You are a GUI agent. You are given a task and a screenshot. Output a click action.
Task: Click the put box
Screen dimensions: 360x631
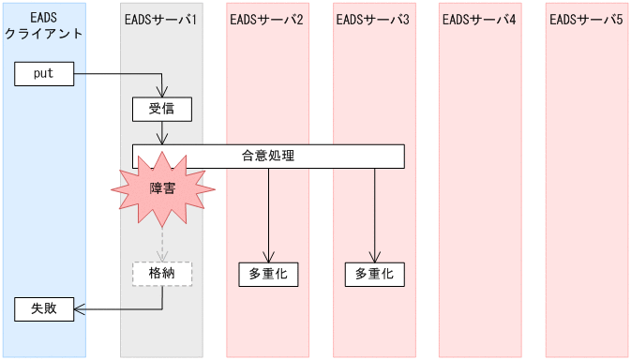[x=44, y=74]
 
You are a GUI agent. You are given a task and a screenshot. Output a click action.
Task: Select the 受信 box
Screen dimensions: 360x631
[x=162, y=110]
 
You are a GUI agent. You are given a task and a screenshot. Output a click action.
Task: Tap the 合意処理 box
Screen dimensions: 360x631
[x=268, y=156]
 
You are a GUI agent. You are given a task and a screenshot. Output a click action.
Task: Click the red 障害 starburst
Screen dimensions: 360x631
[x=163, y=188]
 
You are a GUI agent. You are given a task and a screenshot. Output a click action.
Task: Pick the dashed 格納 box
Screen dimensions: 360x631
[x=162, y=273]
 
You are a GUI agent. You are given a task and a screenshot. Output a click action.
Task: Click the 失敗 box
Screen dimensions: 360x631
[x=44, y=307]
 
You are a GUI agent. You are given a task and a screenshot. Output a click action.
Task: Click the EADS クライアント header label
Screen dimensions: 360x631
[x=44, y=25]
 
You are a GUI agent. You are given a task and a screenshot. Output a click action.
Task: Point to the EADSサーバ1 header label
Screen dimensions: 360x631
[x=161, y=19]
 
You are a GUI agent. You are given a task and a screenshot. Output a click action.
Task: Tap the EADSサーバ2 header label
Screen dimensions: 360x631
[x=267, y=19]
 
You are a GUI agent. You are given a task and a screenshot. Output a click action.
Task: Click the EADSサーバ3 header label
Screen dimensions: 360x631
[x=373, y=19]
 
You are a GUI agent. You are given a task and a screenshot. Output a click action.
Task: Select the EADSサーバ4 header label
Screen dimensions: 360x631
[x=480, y=19]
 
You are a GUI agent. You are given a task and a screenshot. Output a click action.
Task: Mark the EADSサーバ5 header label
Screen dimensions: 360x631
[x=587, y=19]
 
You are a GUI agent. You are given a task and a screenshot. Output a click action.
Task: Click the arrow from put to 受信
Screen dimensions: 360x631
[x=122, y=74]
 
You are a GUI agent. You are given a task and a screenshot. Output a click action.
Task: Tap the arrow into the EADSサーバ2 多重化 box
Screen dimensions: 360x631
[x=269, y=216]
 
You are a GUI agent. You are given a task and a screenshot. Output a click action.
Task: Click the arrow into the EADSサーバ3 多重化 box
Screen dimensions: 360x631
[x=375, y=216]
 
